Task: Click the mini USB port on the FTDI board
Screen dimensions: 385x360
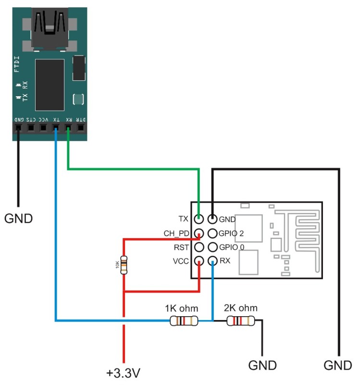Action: click(49, 29)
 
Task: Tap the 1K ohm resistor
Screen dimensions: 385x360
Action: click(184, 321)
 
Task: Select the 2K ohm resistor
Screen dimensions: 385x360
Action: click(241, 321)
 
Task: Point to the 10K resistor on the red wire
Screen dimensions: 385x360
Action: click(124, 265)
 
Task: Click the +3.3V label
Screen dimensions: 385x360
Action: click(124, 372)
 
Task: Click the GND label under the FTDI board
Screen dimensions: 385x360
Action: click(19, 218)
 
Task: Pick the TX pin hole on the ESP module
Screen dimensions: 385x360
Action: click(199, 219)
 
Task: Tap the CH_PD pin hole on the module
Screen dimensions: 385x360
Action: click(199, 233)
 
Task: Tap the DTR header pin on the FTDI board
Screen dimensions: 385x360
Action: click(81, 128)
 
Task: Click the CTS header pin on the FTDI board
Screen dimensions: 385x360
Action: click(31, 128)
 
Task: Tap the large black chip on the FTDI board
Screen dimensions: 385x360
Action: click(50, 84)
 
